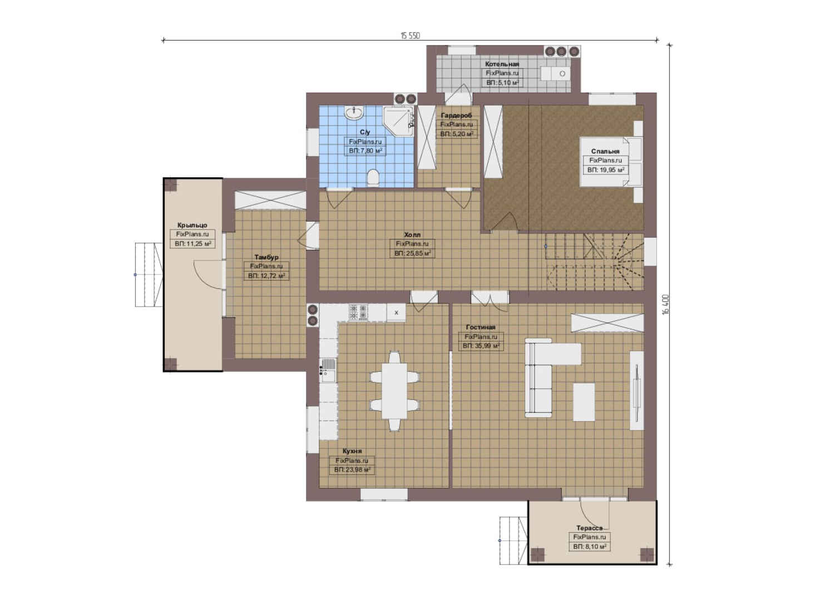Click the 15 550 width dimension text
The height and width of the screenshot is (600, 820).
pos(410,36)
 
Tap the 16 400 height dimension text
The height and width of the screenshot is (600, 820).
pos(665,304)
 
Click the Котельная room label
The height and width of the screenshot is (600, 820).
pos(502,64)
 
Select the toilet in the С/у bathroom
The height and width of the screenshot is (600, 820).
pos(373,178)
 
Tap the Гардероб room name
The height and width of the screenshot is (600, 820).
pos(456,116)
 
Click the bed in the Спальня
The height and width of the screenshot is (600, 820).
pos(611,162)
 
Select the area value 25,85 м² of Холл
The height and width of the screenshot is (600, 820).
pos(412,253)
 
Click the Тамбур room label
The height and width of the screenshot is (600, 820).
pos(266,257)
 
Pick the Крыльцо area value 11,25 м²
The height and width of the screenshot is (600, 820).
pos(192,243)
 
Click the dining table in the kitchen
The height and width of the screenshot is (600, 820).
pos(394,391)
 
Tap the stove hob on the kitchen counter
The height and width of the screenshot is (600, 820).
pos(358,313)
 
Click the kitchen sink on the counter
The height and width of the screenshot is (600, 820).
pos(328,371)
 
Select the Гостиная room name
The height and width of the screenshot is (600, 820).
pos(481,327)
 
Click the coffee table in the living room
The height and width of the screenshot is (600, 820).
pos(584,402)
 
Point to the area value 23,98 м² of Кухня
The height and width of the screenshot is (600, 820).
pos(352,470)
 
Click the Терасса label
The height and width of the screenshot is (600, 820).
pos(589,528)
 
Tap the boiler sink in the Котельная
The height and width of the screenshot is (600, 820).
pos(555,74)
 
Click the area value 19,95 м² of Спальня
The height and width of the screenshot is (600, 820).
pos(605,170)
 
